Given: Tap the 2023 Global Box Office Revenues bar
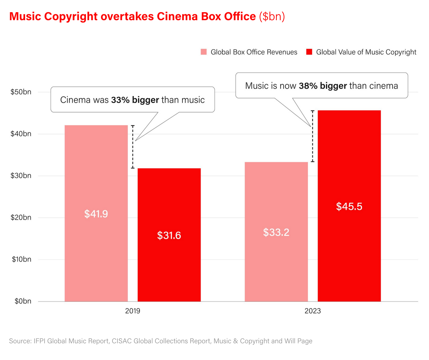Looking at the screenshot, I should click(276, 195).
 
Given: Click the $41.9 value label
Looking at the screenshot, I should click(96, 214).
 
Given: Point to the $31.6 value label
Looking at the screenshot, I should click(169, 235).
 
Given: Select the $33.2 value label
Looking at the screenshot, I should click(276, 232).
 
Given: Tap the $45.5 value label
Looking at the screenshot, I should click(349, 206).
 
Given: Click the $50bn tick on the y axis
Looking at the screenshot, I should click(21, 92).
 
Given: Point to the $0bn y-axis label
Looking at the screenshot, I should click(23, 301).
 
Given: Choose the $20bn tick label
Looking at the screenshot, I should click(21, 218).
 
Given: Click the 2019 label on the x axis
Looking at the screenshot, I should click(133, 311).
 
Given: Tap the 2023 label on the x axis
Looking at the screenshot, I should click(313, 311).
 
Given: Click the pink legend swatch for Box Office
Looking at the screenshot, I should click(204, 52).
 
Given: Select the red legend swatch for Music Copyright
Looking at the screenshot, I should click(309, 52).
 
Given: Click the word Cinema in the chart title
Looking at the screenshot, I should click(176, 16).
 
